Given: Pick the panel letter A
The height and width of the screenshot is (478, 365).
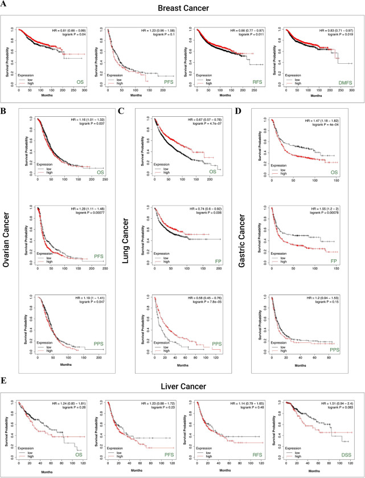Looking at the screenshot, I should (x=4, y=17).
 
